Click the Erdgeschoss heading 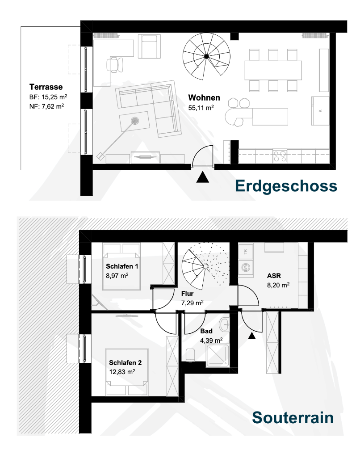[x=286, y=187]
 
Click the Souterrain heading [x=293, y=417]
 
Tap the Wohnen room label [x=204, y=97]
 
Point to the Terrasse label [x=46, y=87]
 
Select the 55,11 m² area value [x=201, y=108]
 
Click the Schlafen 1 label [x=122, y=266]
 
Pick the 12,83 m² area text [x=122, y=372]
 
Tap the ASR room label [x=274, y=276]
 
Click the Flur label [x=187, y=294]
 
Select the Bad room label [x=206, y=331]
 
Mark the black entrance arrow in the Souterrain [x=251, y=336]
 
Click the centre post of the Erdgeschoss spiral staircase [x=206, y=57]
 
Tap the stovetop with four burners [x=280, y=156]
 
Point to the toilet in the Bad [x=190, y=355]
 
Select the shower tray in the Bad [x=218, y=356]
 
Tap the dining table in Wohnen [x=273, y=70]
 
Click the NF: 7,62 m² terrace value [x=46, y=106]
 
